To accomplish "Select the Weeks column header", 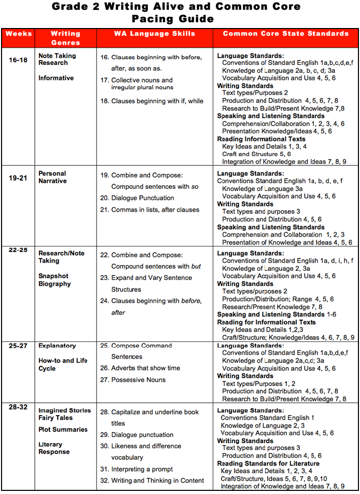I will (x=19, y=34).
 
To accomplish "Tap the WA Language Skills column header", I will (x=155, y=34).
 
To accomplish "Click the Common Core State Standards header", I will (x=285, y=34).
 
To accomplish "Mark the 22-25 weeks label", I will (x=18, y=250).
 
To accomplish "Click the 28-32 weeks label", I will (x=18, y=407).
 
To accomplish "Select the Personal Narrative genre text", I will (x=52, y=177).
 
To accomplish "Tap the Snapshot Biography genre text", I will (x=54, y=280).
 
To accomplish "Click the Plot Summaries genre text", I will (x=63, y=430).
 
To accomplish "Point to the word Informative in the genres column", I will (x=56, y=78).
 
